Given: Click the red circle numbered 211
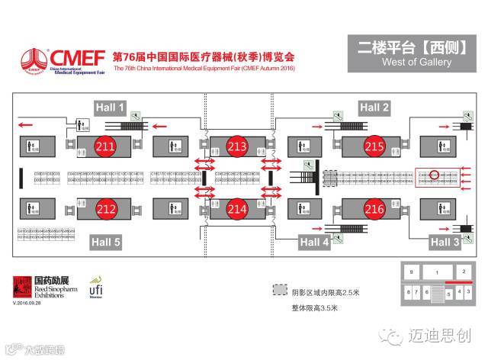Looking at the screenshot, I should pos(104,145).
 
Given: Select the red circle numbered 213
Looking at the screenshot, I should pos(238,145).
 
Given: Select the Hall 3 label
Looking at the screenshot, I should pos(445,242).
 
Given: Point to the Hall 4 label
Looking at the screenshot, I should pos(313,242).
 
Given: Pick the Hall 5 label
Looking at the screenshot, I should pos(105,242).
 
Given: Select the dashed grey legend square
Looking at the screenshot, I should pos(280,291).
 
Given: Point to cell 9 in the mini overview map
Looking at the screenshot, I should pos(411,272).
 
